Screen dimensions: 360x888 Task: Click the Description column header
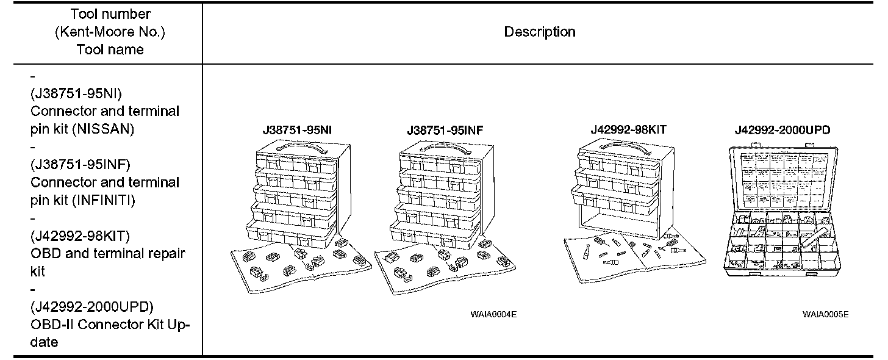pyautogui.click(x=539, y=32)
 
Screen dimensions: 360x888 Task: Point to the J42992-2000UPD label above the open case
pyautogui.click(x=782, y=130)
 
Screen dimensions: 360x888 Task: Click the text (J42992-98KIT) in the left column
pyautogui.click(x=80, y=236)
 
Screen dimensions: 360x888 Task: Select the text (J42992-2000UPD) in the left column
pyautogui.click(x=91, y=306)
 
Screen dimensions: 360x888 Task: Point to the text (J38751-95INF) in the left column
pyautogui.click(x=81, y=165)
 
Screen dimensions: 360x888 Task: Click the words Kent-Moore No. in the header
pyautogui.click(x=110, y=32)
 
